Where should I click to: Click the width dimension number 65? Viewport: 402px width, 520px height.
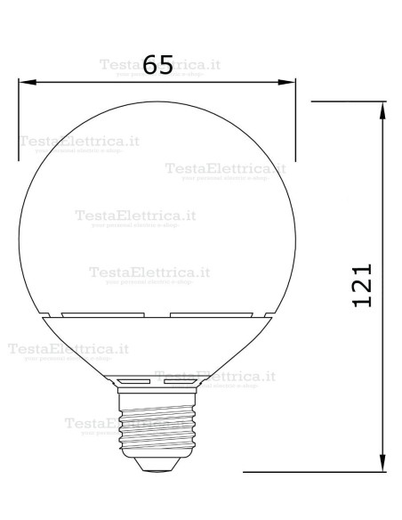click(157, 65)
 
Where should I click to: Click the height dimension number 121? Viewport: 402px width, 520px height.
click(360, 286)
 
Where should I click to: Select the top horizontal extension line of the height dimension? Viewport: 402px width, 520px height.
click(347, 102)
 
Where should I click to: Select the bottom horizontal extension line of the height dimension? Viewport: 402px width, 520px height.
click(311, 471)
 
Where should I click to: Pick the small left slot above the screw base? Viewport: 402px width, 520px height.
click(133, 380)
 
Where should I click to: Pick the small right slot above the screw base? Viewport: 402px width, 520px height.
click(180, 380)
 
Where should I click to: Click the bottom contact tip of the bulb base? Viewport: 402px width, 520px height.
click(157, 464)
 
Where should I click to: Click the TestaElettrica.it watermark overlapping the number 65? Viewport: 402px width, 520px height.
click(160, 64)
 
